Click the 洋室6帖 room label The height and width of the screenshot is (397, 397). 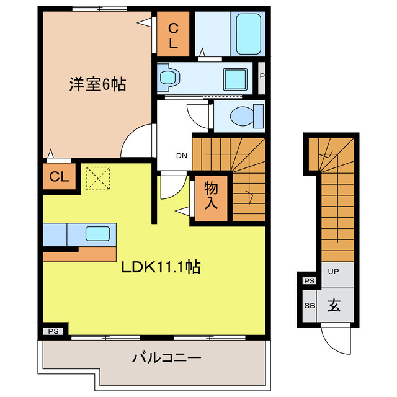(x=97, y=85)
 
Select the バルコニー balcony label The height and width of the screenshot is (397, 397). (x=166, y=358)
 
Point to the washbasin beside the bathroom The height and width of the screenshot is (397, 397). (x=169, y=78)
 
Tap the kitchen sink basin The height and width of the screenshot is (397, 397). (x=98, y=234)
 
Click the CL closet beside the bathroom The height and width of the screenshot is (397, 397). (x=173, y=35)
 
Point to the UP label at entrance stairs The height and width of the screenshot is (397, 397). (x=333, y=272)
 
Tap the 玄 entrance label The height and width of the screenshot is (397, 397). (x=334, y=305)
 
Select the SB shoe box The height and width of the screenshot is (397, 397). (x=308, y=305)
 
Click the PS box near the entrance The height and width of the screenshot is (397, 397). (x=308, y=281)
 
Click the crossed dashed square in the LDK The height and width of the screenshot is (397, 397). (x=96, y=178)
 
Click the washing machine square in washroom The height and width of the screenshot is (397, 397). (x=235, y=78)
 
